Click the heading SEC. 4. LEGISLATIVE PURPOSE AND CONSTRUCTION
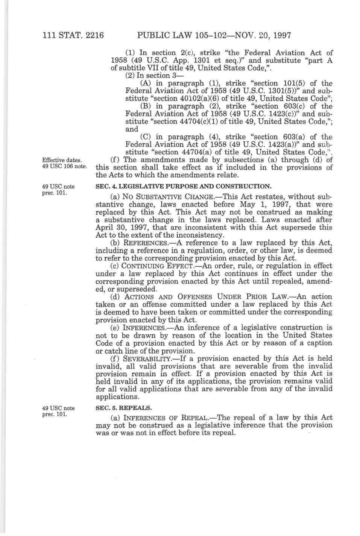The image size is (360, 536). pyautogui.click(x=183, y=187)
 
